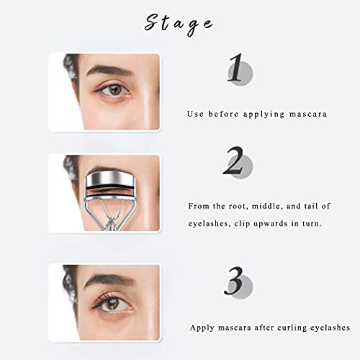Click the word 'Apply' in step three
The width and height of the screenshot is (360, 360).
[203, 327]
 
